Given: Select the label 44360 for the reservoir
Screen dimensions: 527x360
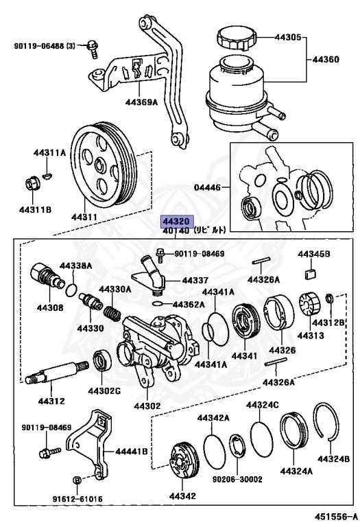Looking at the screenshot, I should tap(326, 60).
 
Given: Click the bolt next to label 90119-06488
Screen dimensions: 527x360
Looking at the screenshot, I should tap(91, 46).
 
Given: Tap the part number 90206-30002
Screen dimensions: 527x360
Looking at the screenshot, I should tap(239, 480).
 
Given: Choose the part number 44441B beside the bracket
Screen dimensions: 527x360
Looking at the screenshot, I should tap(132, 451).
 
